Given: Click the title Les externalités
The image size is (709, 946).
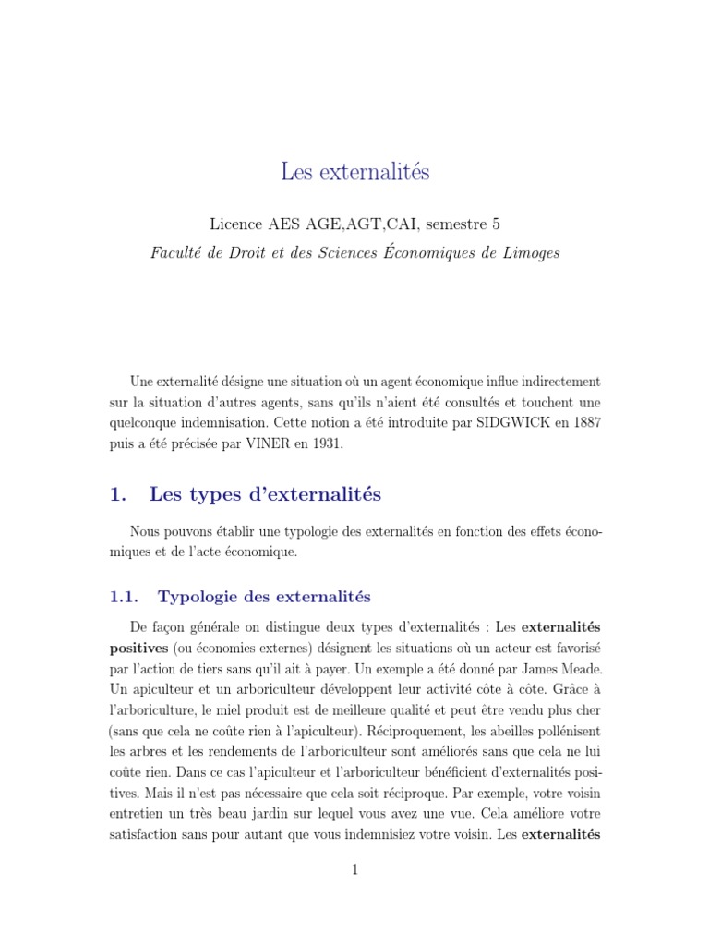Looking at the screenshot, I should coord(354,172).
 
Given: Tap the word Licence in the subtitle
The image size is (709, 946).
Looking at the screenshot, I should coord(238,224).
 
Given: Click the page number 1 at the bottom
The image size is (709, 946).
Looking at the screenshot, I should coord(354,870).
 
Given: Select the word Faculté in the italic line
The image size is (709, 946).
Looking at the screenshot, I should coord(177,254).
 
